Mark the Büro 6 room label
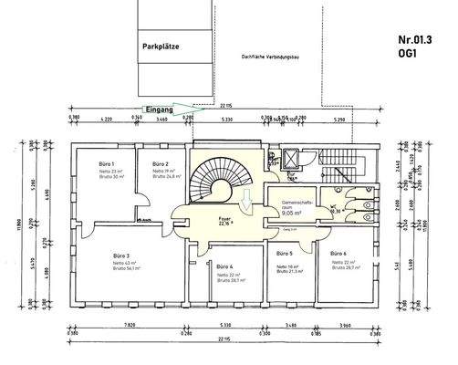pos(338,253)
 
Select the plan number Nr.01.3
pos(416,39)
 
